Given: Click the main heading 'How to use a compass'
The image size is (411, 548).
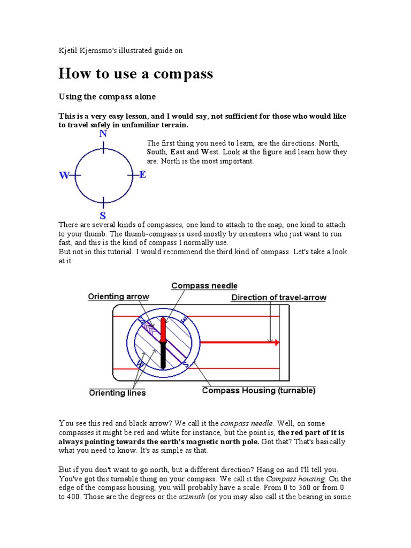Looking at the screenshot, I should pos(135,74).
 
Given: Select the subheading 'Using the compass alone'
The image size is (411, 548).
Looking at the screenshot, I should pos(106,97).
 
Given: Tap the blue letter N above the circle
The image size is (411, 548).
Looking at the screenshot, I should pos(103,134).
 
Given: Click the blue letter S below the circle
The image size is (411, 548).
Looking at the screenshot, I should pos(103,216).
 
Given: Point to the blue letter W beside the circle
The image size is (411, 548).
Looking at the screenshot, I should pos(65,176).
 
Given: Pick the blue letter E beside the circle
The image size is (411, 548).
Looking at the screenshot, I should pos(142,175).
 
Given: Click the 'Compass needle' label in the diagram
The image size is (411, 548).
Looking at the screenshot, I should pos(204,286).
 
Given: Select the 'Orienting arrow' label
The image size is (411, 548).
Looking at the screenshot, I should pos(119,296).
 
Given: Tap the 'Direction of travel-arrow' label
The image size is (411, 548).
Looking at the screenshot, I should pos(278,298).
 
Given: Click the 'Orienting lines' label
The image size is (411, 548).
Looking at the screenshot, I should pos(117,393).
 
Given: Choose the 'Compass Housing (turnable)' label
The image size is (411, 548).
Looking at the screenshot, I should pos(258,391).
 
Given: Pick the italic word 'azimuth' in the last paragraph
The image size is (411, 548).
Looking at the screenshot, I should pos(191,497).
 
